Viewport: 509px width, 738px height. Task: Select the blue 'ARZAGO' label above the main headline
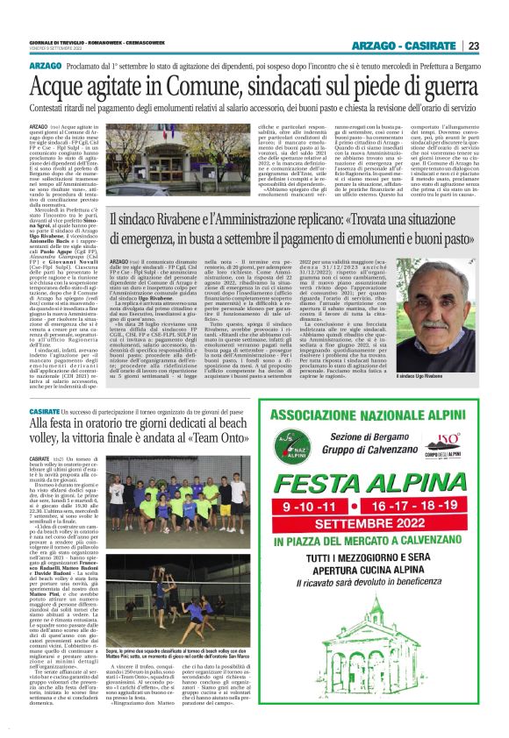(x=46, y=67)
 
